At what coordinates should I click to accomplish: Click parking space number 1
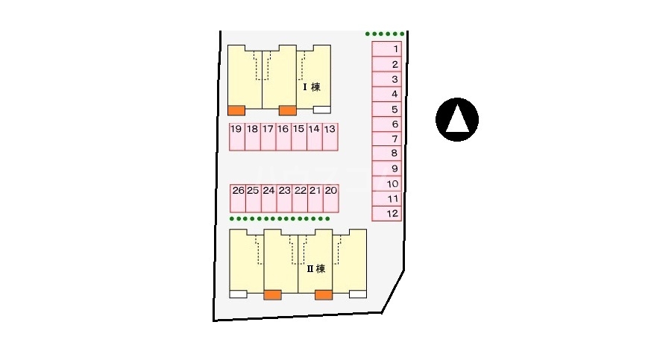coord(387,49)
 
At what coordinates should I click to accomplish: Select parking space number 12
coord(387,213)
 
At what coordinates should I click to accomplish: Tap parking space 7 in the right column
coord(387,139)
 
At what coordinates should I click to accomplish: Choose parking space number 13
coord(330,137)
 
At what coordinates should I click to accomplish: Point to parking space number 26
coord(238,198)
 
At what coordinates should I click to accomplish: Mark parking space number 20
coord(331,198)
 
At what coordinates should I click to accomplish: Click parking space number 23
coord(285,198)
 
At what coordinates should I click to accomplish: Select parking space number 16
coord(283,137)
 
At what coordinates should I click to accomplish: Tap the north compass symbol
coord(457,120)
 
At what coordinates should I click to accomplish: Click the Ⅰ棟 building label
coord(312,87)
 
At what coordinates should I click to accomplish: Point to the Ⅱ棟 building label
coord(316,268)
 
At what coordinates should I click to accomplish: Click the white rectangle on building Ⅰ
coord(322,110)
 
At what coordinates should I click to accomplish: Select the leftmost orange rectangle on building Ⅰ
coord(236,110)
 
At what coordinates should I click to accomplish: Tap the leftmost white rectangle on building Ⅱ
coord(239,294)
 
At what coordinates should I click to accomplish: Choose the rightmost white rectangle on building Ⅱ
coord(358,294)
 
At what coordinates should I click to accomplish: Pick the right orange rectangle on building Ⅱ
coord(324,295)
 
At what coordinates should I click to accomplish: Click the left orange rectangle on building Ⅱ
coord(272,295)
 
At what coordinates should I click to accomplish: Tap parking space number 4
coord(387,94)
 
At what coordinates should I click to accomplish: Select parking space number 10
coord(387,184)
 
